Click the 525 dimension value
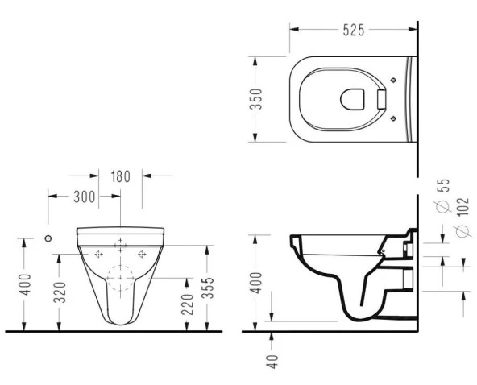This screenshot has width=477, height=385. coord(354,30)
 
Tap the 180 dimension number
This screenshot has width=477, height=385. coord(121,176)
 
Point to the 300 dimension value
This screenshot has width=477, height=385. coord(85,197)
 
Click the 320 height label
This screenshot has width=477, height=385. coord(60,292)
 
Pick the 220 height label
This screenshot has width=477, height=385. coord(188,304)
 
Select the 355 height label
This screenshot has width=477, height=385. coord(209,288)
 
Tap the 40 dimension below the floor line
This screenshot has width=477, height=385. coord(272,362)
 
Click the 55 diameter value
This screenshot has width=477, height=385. coord(445,185)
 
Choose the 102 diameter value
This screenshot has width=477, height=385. coord(463,208)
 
